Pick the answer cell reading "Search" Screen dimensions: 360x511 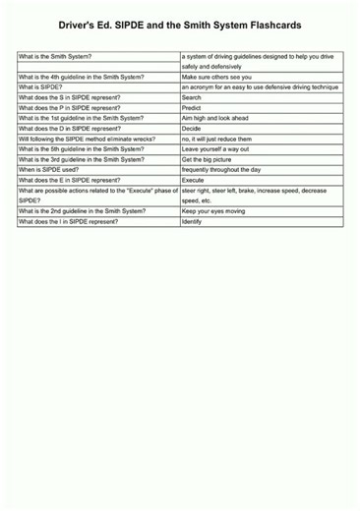192,98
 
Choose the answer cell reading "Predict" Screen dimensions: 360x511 192,108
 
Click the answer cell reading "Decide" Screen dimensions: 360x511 192,129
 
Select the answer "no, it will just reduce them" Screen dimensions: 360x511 222,139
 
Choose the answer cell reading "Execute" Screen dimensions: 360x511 193,180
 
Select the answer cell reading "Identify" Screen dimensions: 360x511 192,221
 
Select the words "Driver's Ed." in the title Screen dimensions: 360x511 92,26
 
